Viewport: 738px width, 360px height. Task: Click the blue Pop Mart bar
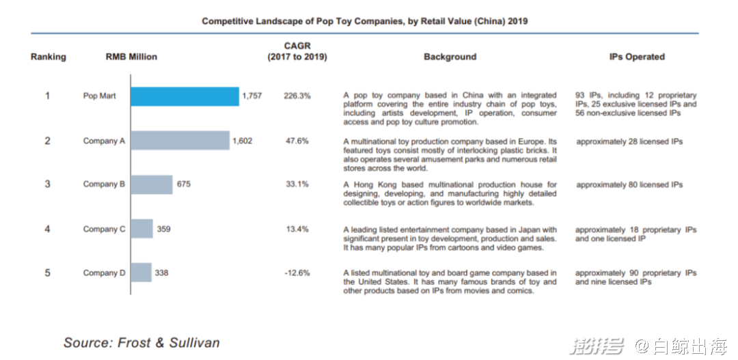184,96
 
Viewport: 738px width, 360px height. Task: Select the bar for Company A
180,141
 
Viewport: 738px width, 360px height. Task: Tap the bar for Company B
152,184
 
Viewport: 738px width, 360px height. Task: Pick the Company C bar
141,229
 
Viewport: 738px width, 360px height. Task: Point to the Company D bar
141,273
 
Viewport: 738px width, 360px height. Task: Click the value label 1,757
251,96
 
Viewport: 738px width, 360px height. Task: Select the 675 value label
183,184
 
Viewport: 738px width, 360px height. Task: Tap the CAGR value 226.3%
297,96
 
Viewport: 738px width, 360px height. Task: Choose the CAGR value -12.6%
297,273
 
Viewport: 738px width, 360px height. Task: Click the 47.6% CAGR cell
297,141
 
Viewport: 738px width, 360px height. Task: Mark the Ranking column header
48,57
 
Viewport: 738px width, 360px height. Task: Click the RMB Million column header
131,57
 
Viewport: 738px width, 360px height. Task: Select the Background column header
450,57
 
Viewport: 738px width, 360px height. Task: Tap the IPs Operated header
636,57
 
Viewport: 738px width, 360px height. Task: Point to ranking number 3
48,184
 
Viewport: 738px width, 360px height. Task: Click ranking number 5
48,273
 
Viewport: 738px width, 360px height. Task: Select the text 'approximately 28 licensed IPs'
629,141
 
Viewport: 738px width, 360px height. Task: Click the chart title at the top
364,21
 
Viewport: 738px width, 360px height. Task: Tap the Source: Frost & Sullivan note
141,342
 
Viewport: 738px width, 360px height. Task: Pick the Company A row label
104,141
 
